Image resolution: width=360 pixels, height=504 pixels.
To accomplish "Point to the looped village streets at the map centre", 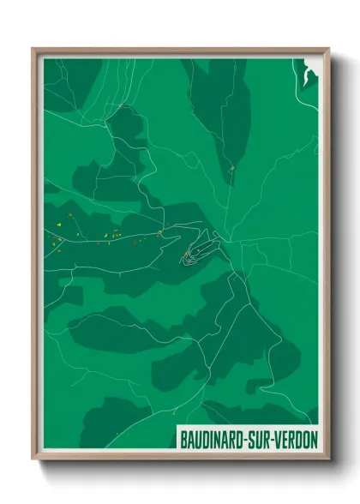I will [196, 250].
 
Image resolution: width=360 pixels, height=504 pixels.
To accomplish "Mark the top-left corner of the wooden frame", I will [33, 49].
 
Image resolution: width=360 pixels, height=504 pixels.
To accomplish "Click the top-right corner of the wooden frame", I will [328, 49].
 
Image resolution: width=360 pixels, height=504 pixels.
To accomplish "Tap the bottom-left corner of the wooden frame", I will [33, 459].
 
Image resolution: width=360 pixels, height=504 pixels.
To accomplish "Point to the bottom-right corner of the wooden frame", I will [328, 459].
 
